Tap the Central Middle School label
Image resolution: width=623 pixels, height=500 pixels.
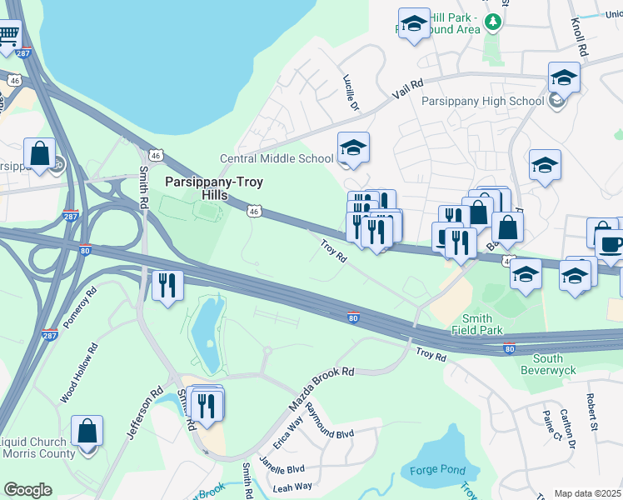[x=276, y=158]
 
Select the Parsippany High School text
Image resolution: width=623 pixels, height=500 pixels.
[x=471, y=102]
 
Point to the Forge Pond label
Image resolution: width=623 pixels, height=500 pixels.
[x=438, y=470]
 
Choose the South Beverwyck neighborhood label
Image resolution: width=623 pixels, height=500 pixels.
[x=549, y=364]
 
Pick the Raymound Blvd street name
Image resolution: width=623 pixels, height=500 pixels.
[x=330, y=423]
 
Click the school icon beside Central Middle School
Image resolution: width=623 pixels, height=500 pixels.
[x=353, y=149]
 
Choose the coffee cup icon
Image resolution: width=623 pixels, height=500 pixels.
[x=611, y=244]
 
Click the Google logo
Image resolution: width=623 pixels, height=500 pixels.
[x=27, y=489]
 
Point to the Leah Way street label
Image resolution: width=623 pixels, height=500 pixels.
[x=292, y=487]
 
